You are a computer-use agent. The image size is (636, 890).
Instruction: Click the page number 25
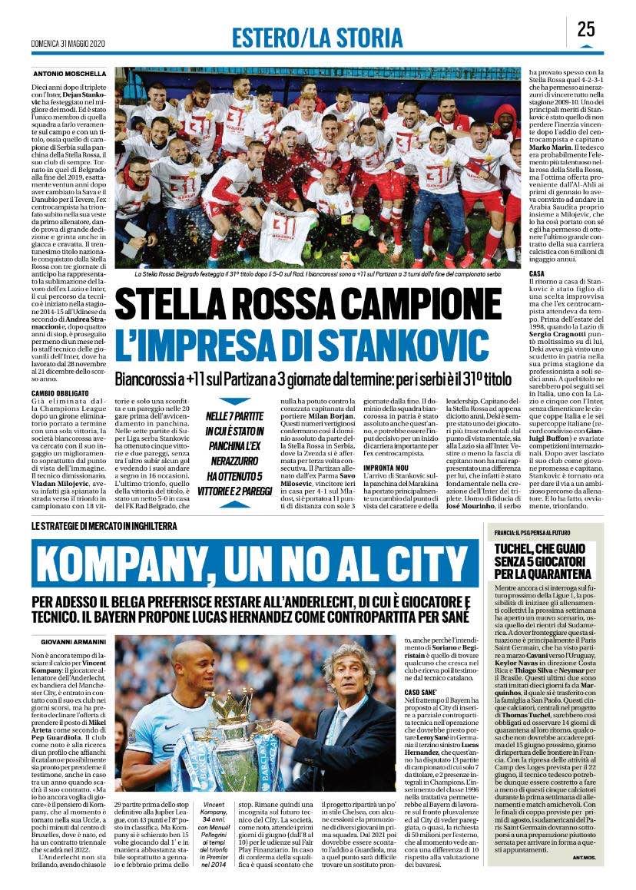click(x=586, y=29)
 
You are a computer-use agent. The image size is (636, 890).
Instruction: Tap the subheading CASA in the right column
click(x=537, y=274)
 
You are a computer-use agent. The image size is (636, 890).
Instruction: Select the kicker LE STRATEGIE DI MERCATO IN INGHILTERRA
click(x=104, y=505)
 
